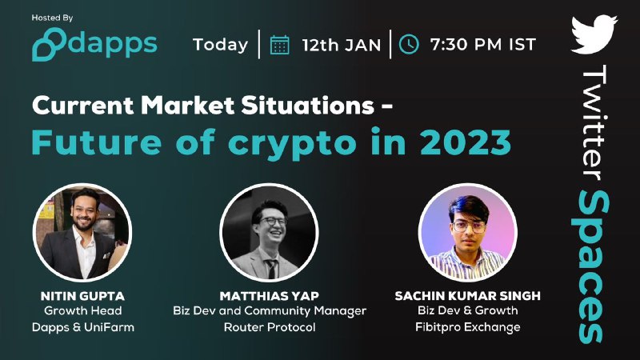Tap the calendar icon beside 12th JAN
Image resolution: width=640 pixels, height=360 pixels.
coord(279,45)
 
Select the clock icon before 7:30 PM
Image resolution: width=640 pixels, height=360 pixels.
coord(409,44)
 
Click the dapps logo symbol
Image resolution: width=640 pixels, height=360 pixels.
coord(49,44)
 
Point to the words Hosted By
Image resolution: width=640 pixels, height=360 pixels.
coord(52,18)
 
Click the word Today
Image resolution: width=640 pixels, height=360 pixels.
coord(221,45)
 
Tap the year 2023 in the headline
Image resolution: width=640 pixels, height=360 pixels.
coord(465,142)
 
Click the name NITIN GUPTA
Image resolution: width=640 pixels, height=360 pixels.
coord(82,295)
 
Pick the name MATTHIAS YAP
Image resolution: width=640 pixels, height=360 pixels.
coord(270,295)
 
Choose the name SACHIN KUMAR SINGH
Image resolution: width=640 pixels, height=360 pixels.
coord(468,295)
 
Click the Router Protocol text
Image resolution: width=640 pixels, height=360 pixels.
coord(270,327)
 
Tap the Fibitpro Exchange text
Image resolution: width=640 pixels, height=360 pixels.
coord(468,327)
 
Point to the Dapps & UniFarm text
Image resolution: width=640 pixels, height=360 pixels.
coord(83,327)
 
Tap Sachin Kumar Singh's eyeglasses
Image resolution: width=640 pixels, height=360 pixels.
coord(469,226)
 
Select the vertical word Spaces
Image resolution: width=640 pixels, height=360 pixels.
coord(590,267)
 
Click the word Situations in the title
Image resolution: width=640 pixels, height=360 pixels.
coord(308,106)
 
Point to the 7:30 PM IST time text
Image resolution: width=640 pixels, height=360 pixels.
coord(482,45)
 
